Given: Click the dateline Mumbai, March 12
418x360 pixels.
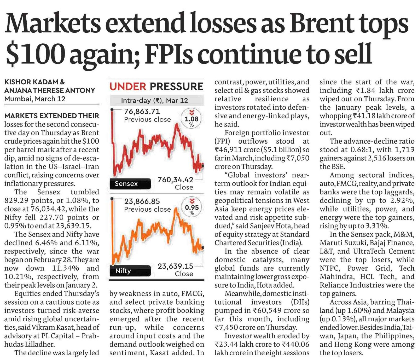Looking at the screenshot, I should [x=35, y=99].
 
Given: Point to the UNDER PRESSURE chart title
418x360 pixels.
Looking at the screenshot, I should [x=156, y=86].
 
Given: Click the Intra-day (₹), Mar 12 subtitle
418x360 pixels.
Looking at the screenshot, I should [x=154, y=101].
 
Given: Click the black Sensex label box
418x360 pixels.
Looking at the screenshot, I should [x=130, y=184].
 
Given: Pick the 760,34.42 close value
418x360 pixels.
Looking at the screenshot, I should [x=175, y=180].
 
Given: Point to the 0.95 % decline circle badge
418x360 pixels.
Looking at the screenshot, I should [x=192, y=208].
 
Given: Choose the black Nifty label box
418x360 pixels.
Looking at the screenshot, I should [x=130, y=271].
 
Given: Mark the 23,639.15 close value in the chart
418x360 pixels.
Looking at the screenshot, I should [x=175, y=266].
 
